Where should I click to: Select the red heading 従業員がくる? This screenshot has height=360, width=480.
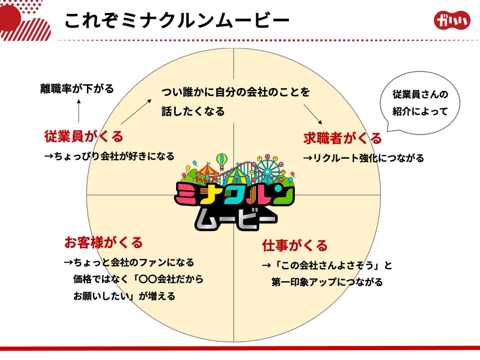click(x=84, y=136)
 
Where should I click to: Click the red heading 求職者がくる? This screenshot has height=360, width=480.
click(x=343, y=138)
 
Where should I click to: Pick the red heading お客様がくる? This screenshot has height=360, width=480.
click(x=104, y=242)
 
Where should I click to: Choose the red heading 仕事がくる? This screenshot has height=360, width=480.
click(x=295, y=245)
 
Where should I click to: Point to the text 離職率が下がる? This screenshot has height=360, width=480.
click(x=77, y=89)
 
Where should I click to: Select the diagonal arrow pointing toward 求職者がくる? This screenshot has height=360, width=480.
click(x=313, y=114)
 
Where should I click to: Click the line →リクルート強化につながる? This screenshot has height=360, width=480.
click(x=364, y=158)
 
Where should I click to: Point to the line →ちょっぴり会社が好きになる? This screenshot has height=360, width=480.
click(x=109, y=156)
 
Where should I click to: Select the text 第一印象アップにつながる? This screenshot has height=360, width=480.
click(x=327, y=282)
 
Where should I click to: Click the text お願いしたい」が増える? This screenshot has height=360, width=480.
click(x=124, y=296)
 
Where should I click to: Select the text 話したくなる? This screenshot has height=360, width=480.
click(x=193, y=111)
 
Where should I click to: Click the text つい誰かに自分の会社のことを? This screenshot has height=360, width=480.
click(x=236, y=92)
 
